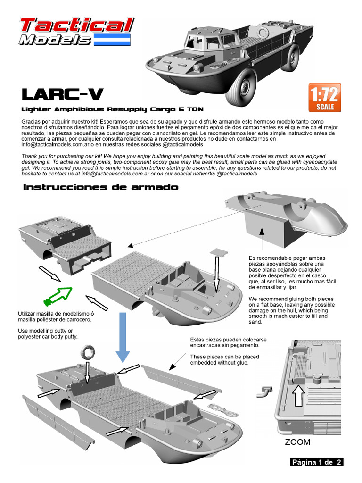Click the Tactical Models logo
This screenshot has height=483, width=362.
point(75,32)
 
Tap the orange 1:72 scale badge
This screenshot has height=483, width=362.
point(324,98)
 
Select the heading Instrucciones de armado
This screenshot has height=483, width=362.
point(101,187)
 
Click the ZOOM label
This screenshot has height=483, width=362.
point(297,442)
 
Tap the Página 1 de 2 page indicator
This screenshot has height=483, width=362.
point(317,462)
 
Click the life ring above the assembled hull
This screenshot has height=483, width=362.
point(88,352)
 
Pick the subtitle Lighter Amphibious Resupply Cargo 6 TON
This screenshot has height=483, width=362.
point(113,109)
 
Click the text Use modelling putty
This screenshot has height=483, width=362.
point(45,330)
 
